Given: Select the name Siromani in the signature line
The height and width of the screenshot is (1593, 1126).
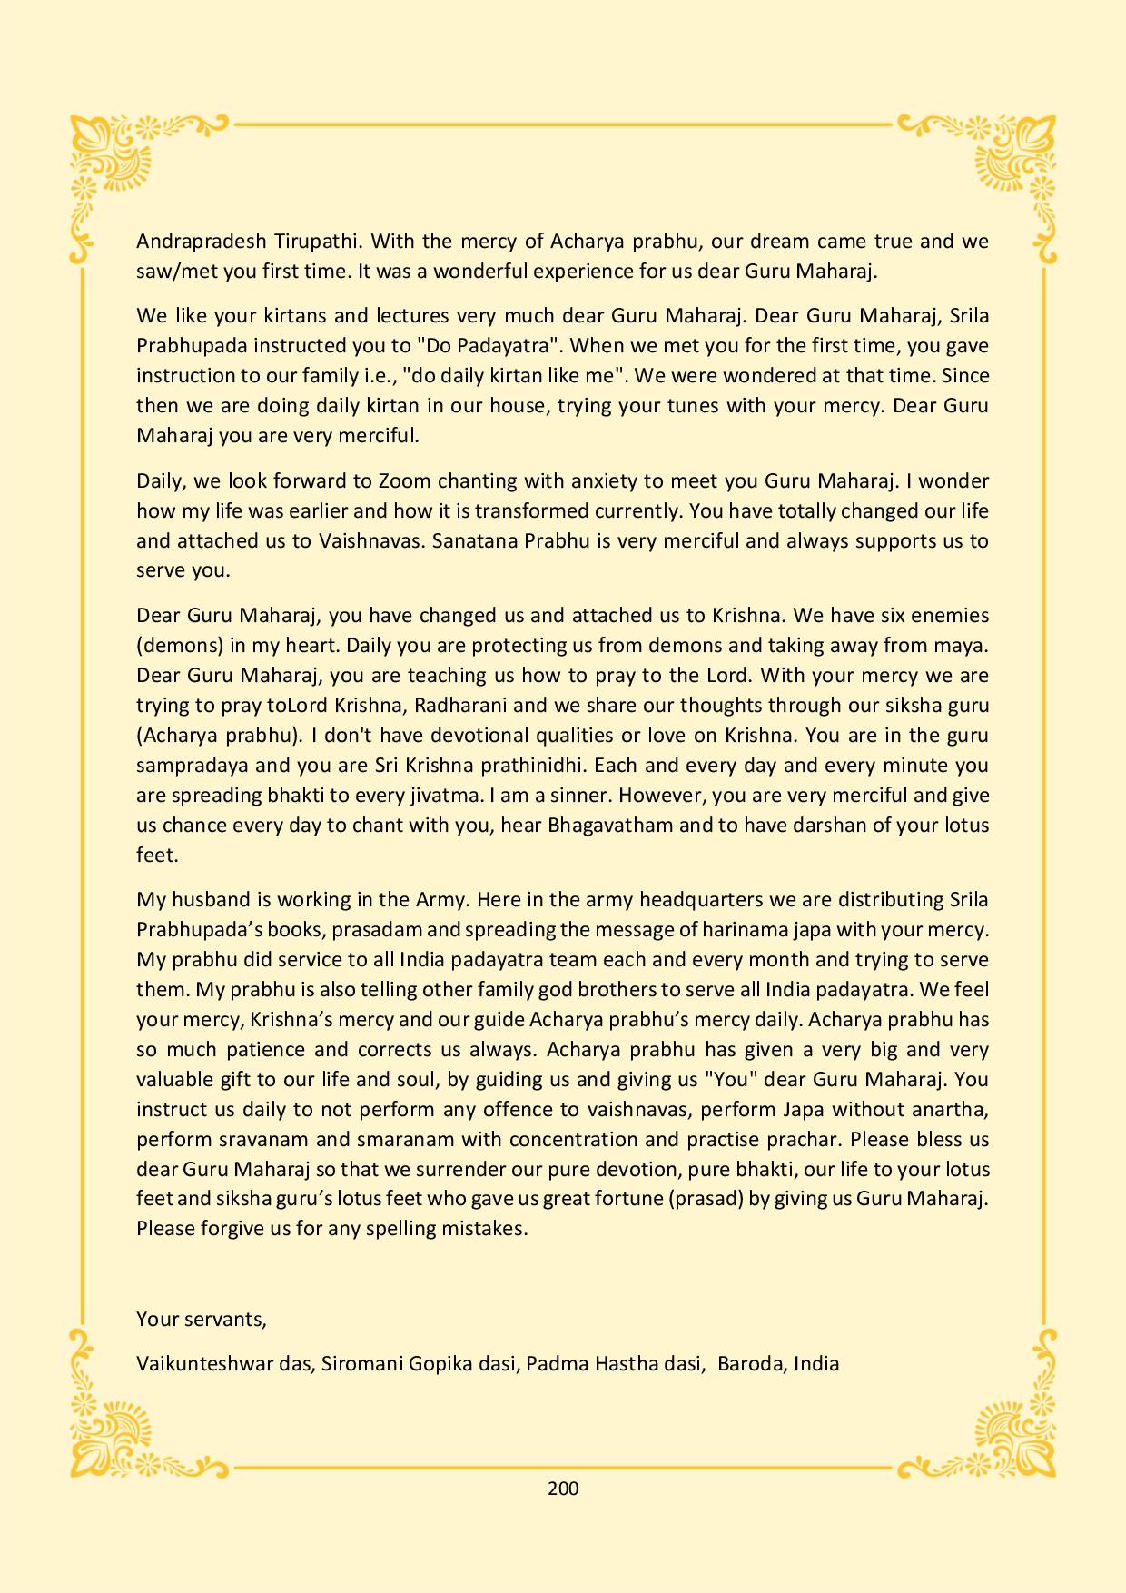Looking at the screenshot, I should (356, 1363).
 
